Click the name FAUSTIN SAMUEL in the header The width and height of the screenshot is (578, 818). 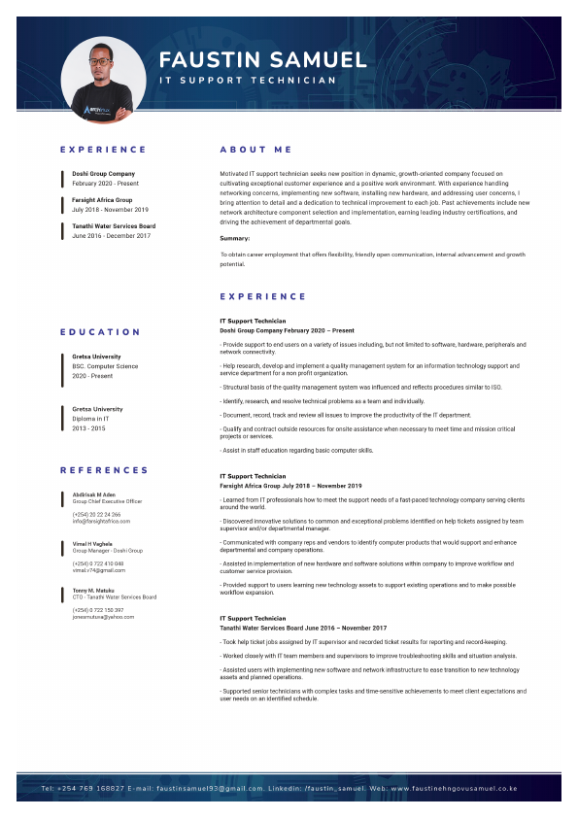point(262,59)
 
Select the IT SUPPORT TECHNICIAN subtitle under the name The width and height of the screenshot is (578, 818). point(248,81)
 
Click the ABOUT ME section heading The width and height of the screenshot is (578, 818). point(255,150)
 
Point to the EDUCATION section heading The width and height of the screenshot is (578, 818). point(101,332)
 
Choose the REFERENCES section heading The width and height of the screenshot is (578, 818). point(104,470)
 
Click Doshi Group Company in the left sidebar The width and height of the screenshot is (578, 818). point(103,174)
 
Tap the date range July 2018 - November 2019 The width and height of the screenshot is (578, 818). point(110,209)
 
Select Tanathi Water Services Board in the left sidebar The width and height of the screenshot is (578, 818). point(113,226)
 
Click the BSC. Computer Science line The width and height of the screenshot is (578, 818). point(105,366)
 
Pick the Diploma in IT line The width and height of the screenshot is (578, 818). point(94,419)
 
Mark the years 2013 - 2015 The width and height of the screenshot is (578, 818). point(88,427)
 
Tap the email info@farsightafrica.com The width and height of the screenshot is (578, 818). point(101,521)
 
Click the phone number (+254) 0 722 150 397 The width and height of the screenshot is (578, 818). point(98,610)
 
